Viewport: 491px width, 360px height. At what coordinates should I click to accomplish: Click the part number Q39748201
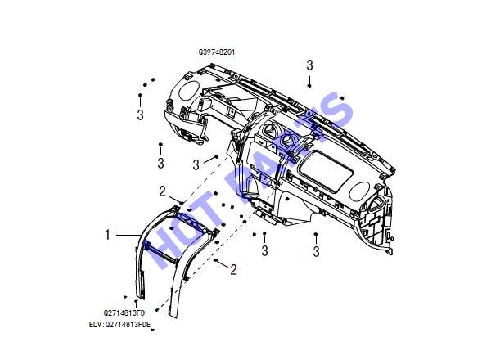pyautogui.click(x=217, y=52)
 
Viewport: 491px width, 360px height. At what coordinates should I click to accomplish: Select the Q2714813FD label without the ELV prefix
pyautogui.click(x=124, y=313)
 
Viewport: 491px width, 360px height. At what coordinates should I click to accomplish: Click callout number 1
pyautogui.click(x=108, y=235)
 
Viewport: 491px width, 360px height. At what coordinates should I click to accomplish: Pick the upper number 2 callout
pyautogui.click(x=162, y=191)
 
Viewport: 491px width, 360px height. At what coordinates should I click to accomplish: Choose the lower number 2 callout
pyautogui.click(x=233, y=269)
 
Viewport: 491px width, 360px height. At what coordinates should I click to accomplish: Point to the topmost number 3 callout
pyautogui.click(x=309, y=65)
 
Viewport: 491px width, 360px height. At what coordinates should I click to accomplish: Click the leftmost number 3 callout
pyautogui.click(x=140, y=115)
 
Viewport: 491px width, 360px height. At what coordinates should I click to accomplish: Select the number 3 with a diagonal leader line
pyautogui.click(x=196, y=164)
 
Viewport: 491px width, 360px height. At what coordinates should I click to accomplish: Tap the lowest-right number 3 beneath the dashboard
pyautogui.click(x=316, y=251)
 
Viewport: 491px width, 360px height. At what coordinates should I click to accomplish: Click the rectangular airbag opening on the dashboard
pyautogui.click(x=326, y=171)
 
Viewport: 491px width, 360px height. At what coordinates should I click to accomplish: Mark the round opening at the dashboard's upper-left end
pyautogui.click(x=189, y=91)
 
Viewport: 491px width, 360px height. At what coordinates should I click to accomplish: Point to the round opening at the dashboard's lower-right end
pyautogui.click(x=359, y=191)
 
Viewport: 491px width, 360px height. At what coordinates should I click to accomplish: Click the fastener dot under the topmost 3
pyautogui.click(x=309, y=85)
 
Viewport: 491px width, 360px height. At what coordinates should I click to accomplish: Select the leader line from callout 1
pyautogui.click(x=128, y=235)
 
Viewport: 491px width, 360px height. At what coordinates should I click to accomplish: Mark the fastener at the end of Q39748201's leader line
pyautogui.click(x=218, y=80)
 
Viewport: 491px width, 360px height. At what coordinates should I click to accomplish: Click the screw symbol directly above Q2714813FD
pyautogui.click(x=136, y=301)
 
